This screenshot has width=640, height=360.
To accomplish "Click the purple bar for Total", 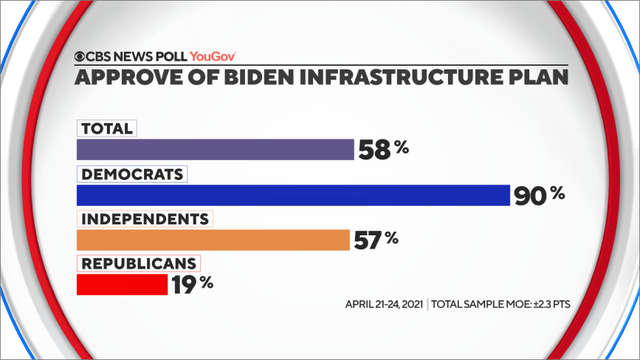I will click(x=215, y=149).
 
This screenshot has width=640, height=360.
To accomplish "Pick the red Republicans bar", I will click(x=122, y=285).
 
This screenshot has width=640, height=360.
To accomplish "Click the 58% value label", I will click(x=383, y=149).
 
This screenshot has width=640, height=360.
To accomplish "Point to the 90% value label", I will click(x=539, y=194).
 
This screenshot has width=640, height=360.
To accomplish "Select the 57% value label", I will click(x=377, y=240).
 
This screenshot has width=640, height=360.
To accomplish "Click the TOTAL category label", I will click(x=107, y=128).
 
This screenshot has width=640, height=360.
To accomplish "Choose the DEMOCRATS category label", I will click(x=132, y=173).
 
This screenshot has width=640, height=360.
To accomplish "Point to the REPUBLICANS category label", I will click(x=138, y=263).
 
